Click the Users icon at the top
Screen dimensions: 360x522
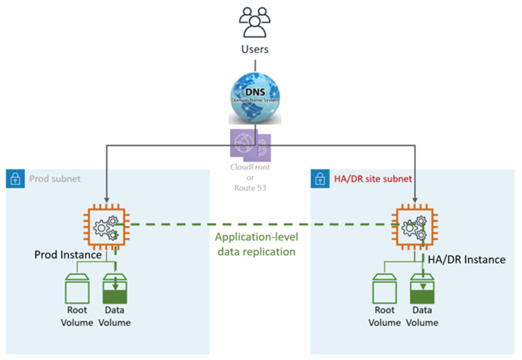coord(255,22)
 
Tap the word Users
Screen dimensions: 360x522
coord(255,49)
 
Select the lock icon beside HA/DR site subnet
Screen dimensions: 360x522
coord(318,178)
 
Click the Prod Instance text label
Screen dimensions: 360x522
coord(68,255)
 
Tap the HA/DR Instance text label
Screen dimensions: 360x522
coord(466,260)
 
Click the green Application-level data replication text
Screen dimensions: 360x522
coord(255,244)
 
